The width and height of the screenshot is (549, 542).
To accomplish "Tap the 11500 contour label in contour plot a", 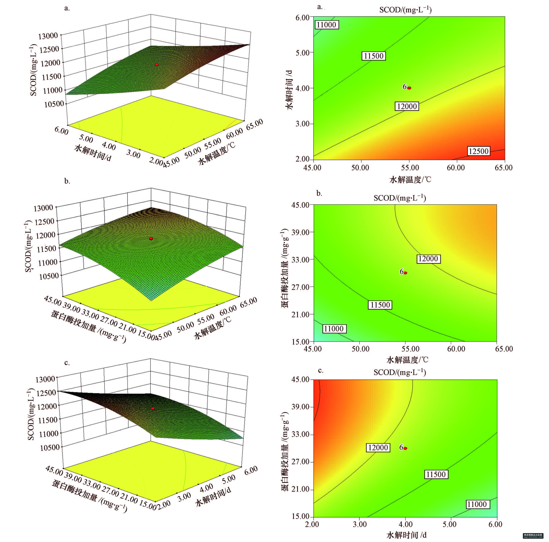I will [x=374, y=56].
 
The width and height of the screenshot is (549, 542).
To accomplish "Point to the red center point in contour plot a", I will [x=409, y=88].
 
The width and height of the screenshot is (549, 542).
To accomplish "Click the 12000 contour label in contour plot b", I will [x=428, y=259].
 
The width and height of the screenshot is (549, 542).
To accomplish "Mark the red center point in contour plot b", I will [x=405, y=273].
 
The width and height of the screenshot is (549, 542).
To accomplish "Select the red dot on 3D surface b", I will [x=151, y=238].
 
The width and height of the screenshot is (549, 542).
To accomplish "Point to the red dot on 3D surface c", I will [x=153, y=408].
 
